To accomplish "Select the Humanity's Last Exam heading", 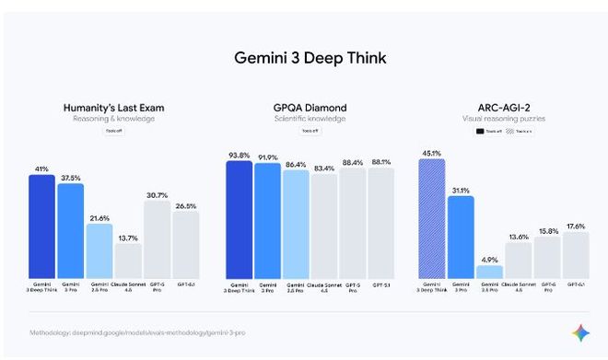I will tap(113, 107).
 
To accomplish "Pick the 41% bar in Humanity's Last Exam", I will tap(41, 226).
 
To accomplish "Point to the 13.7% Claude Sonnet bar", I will tap(128, 261).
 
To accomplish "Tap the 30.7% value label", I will tap(157, 194).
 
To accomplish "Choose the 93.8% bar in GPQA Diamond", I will tap(240, 220).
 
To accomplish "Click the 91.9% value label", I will tap(268, 157).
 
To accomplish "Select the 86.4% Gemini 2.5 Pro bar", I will tap(297, 225).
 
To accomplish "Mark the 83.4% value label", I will tap(324, 168).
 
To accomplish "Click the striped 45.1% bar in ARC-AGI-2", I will tap(431, 219).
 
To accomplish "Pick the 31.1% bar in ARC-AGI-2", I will tap(461, 238).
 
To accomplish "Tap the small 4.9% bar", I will tap(489, 273).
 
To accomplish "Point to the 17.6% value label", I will tap(576, 226).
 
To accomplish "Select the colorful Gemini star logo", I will tap(580, 332).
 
